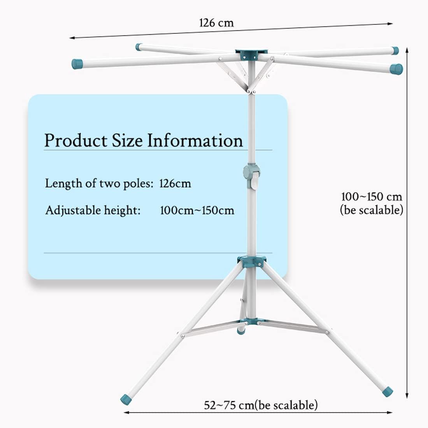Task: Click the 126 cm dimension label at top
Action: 216,23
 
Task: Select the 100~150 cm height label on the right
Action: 372,196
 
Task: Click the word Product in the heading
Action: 75,140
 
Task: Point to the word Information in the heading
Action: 195,140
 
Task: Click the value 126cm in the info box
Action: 175,183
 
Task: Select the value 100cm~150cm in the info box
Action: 197,210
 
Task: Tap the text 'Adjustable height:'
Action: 93,210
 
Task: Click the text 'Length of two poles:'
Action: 99,183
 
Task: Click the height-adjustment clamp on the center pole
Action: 252,175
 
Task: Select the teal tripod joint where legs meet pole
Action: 253,261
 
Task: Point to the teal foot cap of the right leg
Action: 387,391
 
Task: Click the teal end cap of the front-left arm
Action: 77,64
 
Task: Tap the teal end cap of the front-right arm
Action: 396,69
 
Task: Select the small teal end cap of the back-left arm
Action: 139,47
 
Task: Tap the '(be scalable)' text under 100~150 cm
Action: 372,210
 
